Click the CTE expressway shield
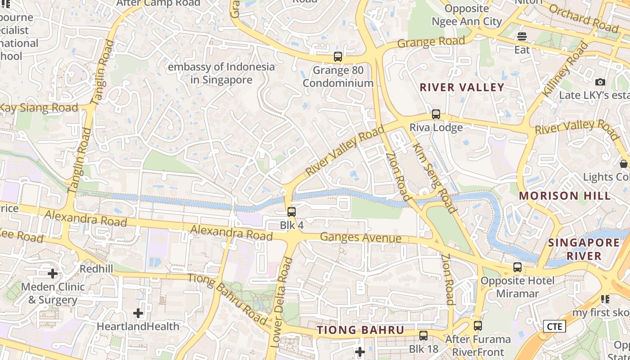pyautogui.click(x=554, y=326)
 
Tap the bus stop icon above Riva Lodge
pyautogui.click(x=436, y=114)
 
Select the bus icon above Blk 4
pyautogui.click(x=292, y=211)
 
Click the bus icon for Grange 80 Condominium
pyautogui.click(x=338, y=57)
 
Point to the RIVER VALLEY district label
pyautogui.click(x=462, y=87)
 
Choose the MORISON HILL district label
pyautogui.click(x=565, y=196)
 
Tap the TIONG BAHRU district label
pyautogui.click(x=361, y=330)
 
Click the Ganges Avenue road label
pyautogui.click(x=360, y=237)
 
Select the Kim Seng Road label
pyautogui.click(x=434, y=178)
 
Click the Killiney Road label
pyautogui.click(x=565, y=68)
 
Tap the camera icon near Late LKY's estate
pyautogui.click(x=600, y=82)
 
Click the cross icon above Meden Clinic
pyautogui.click(x=53, y=273)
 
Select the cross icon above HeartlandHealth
pyautogui.click(x=138, y=313)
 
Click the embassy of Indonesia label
pyautogui.click(x=221, y=73)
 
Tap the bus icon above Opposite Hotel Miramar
pyautogui.click(x=517, y=267)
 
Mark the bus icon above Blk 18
pyautogui.click(x=423, y=335)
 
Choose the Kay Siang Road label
pyautogui.click(x=39, y=108)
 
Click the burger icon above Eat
pyautogui.click(x=522, y=36)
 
